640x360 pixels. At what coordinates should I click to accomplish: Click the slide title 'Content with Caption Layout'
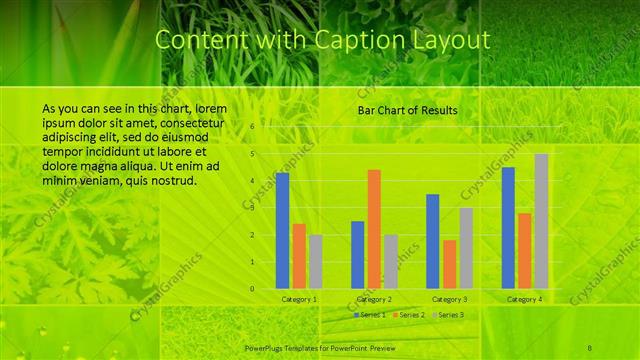click(x=323, y=41)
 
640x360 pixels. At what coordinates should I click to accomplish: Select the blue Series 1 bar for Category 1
click(x=282, y=230)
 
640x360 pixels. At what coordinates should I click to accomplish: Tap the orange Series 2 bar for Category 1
click(x=299, y=256)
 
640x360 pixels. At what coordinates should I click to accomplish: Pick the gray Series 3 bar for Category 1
click(x=315, y=261)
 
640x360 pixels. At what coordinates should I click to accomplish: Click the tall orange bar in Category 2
click(x=374, y=229)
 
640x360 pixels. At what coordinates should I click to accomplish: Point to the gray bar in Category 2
click(x=391, y=261)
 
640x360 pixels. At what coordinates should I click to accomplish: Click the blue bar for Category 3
click(x=432, y=241)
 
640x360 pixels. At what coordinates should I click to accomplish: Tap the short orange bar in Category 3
click(x=449, y=264)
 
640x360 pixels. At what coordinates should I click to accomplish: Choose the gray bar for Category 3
click(x=466, y=247)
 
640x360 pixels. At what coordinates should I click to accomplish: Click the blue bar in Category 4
click(x=508, y=227)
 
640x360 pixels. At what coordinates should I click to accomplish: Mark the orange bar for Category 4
click(x=524, y=250)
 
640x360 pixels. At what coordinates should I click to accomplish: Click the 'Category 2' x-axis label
click(x=374, y=299)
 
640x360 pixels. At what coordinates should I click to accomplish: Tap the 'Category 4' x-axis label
click(x=524, y=299)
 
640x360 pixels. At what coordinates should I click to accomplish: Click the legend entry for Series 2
click(x=410, y=315)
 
